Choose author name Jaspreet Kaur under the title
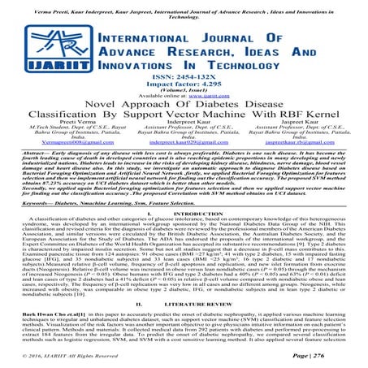(306, 136)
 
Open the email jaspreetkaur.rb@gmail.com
(305, 163)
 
